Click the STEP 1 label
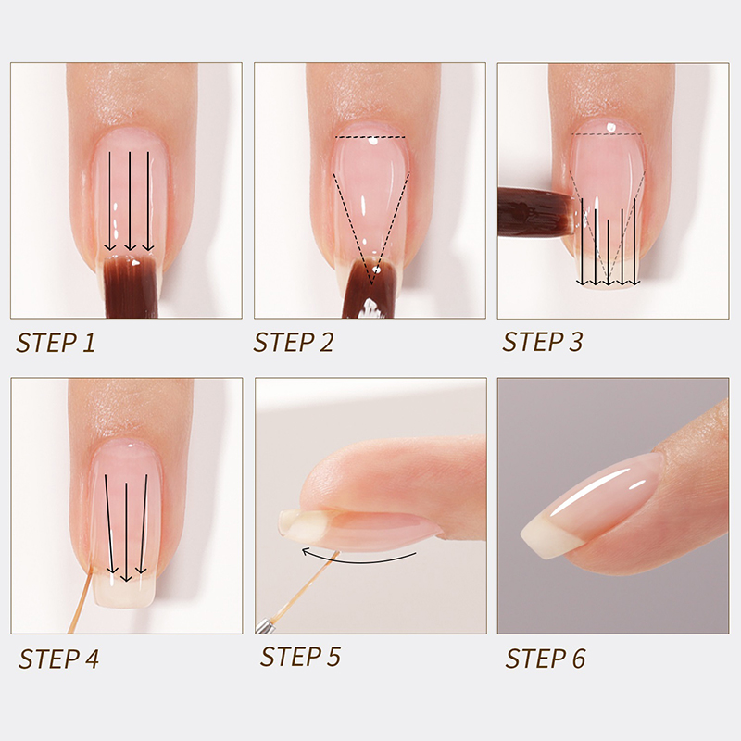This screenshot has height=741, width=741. point(56,343)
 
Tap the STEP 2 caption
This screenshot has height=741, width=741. point(294,342)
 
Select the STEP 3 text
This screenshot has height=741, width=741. point(543,342)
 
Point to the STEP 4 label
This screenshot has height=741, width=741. point(58,659)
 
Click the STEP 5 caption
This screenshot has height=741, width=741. point(300,657)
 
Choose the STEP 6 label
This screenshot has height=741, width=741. point(546,659)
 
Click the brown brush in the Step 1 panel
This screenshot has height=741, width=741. point(130,286)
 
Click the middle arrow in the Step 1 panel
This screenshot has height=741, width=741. point(130,201)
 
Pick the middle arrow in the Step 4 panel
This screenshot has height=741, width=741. point(126,532)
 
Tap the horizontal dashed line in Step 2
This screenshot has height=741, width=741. point(370,137)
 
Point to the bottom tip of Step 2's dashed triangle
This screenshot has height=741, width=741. point(371,285)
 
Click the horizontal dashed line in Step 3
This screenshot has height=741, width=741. point(607,134)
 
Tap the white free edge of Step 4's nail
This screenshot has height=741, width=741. point(125,591)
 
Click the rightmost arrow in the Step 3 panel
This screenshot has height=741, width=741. point(634,242)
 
